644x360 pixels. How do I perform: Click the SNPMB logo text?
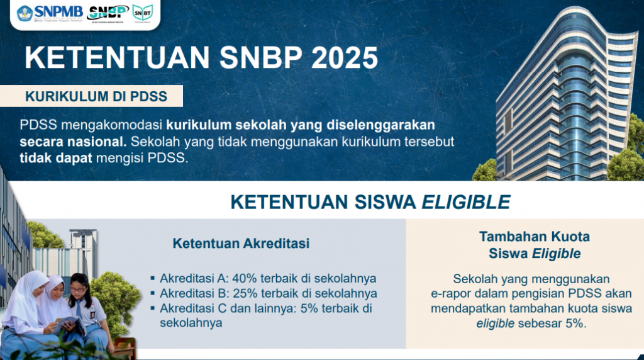pyautogui.click(x=58, y=11)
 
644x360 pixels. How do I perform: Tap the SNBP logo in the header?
pyautogui.click(x=108, y=13)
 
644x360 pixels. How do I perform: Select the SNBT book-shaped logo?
pyautogui.click(x=143, y=13)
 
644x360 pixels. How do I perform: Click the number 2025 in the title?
pyautogui.click(x=345, y=57)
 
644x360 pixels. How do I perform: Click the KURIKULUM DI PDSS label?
pyautogui.click(x=96, y=96)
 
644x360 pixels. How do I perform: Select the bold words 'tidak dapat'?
pyautogui.click(x=56, y=158)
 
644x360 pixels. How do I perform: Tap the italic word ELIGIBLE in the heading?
pyautogui.click(x=466, y=202)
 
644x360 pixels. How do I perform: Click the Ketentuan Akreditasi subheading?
pyautogui.click(x=241, y=244)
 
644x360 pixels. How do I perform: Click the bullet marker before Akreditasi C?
pyautogui.click(x=153, y=308)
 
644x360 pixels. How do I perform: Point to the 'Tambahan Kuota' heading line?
pyautogui.click(x=535, y=237)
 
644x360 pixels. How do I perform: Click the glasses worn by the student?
pyautogui.click(x=77, y=290)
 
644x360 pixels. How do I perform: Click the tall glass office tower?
pyautogui.click(x=567, y=96)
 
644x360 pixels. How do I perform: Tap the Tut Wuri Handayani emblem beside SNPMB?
pyautogui.click(x=25, y=13)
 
